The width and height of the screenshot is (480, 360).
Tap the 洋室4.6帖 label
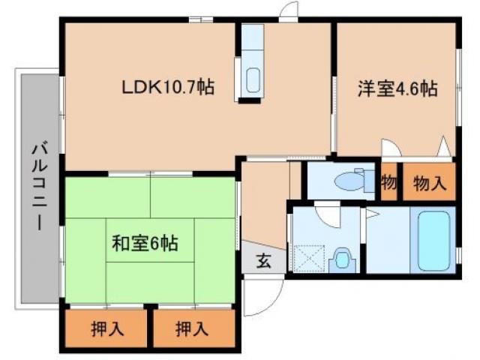397,88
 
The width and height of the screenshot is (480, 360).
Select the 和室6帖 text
145,243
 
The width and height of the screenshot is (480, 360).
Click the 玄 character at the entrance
264,261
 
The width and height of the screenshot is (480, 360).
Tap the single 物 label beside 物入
388,182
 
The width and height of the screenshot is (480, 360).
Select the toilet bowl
346,181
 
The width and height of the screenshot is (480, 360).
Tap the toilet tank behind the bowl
367,181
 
